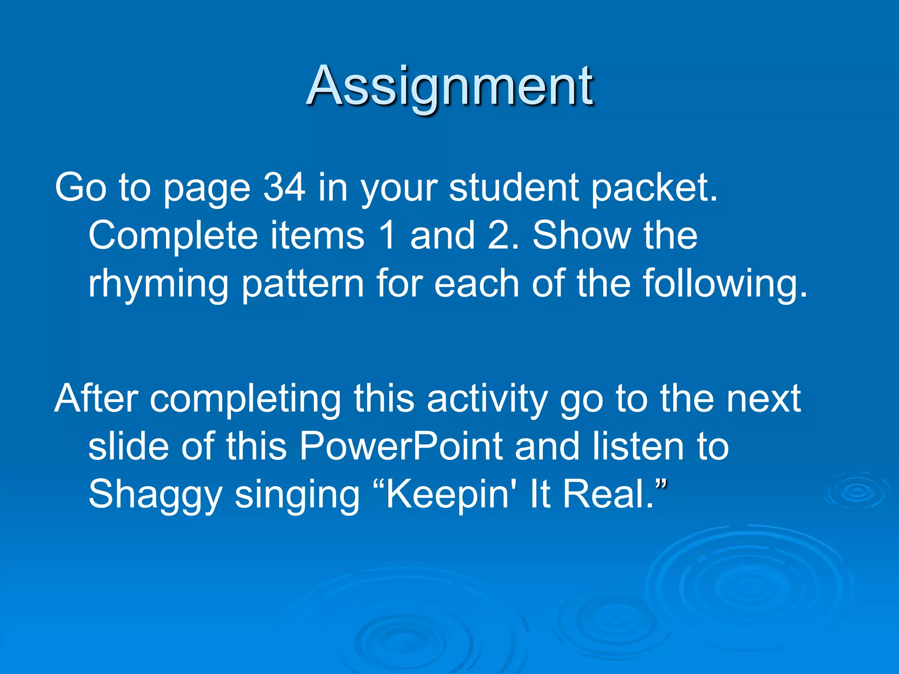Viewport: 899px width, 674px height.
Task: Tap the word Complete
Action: (x=173, y=236)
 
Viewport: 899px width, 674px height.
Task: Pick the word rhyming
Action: (x=158, y=284)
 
